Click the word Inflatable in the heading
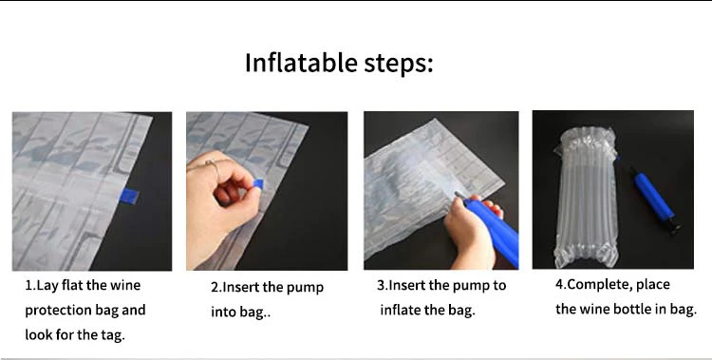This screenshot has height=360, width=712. click(301, 63)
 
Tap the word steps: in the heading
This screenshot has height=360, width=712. click(398, 64)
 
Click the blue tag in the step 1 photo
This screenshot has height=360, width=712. click(129, 196)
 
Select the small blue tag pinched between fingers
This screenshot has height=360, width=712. click(258, 183)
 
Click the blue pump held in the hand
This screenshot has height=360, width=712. click(492, 230)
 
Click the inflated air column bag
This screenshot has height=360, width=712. click(586, 197)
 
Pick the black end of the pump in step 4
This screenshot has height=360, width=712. click(674, 225)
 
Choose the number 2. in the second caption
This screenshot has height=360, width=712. click(215, 287)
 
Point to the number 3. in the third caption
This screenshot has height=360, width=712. click(382, 286)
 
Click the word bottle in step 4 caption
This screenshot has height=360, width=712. click(634, 309)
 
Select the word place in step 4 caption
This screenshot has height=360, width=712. click(653, 286)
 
